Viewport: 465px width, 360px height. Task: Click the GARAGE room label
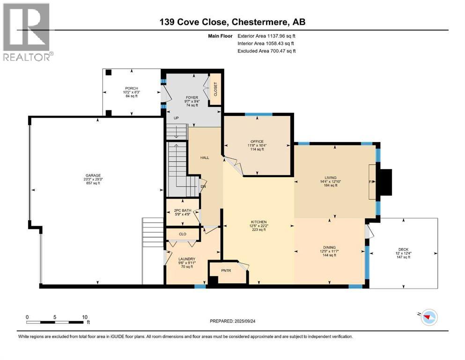click(x=93, y=175)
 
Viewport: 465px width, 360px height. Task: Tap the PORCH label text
click(x=132, y=89)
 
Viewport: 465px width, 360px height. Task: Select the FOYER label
click(x=192, y=97)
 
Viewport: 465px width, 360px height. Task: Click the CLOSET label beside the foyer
click(x=215, y=89)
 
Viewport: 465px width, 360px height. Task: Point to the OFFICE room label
click(x=257, y=142)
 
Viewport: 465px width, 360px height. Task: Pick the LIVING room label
click(x=330, y=178)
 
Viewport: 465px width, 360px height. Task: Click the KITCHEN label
click(x=259, y=222)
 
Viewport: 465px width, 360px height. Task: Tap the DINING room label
click(x=330, y=247)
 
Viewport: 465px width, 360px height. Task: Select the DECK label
click(x=403, y=249)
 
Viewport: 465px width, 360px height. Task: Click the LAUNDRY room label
click(x=187, y=259)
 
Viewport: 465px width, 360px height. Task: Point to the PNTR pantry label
click(x=226, y=270)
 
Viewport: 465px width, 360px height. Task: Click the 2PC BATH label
click(x=183, y=211)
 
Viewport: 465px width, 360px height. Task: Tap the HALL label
click(x=205, y=158)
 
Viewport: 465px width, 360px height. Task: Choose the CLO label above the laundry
click(x=183, y=234)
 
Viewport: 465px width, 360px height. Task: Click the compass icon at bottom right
click(x=428, y=317)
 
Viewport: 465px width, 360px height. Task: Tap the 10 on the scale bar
click(x=85, y=317)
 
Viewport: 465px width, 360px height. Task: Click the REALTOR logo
click(x=27, y=32)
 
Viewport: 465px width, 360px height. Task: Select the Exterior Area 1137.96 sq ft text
click(x=266, y=36)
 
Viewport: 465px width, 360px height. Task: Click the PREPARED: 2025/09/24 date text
click(x=232, y=321)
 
